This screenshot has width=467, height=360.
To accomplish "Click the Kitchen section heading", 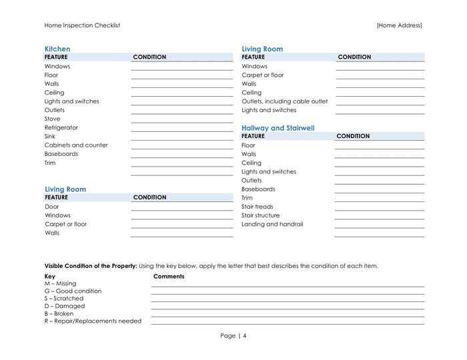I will pos(57,49).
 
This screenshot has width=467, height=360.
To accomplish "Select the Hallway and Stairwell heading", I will pos(278,128).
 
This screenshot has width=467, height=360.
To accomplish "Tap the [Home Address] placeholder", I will pos(399,25).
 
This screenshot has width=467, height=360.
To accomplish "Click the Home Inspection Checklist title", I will pos(82,25).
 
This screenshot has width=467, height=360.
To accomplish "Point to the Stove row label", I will pos(52,119).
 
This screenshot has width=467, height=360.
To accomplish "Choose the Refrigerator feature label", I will pos(61,127).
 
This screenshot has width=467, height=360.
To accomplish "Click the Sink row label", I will pos(50,137).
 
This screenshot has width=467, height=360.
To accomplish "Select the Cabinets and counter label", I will pos(76,145).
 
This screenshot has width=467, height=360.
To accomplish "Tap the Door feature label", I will pos(51,207).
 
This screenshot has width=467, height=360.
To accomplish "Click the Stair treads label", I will pos(258,207).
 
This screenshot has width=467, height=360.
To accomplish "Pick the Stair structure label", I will pos(261,215).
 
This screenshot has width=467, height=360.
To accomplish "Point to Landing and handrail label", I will pos(272,224).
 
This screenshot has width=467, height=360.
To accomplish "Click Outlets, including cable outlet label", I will pos(285,101).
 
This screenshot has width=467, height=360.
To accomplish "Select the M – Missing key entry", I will pos(60,283).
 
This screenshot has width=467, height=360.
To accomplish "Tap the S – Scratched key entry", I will pos(64,299).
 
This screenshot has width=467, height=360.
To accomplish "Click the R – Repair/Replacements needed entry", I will pos(93,321).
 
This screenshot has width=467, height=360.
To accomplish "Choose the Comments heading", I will pos(169,276).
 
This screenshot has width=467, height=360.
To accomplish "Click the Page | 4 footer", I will pos(233,336).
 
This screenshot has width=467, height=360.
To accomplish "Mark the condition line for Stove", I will pos(182,121).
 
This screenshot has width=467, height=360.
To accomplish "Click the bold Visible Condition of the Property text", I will pos(91,265).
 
